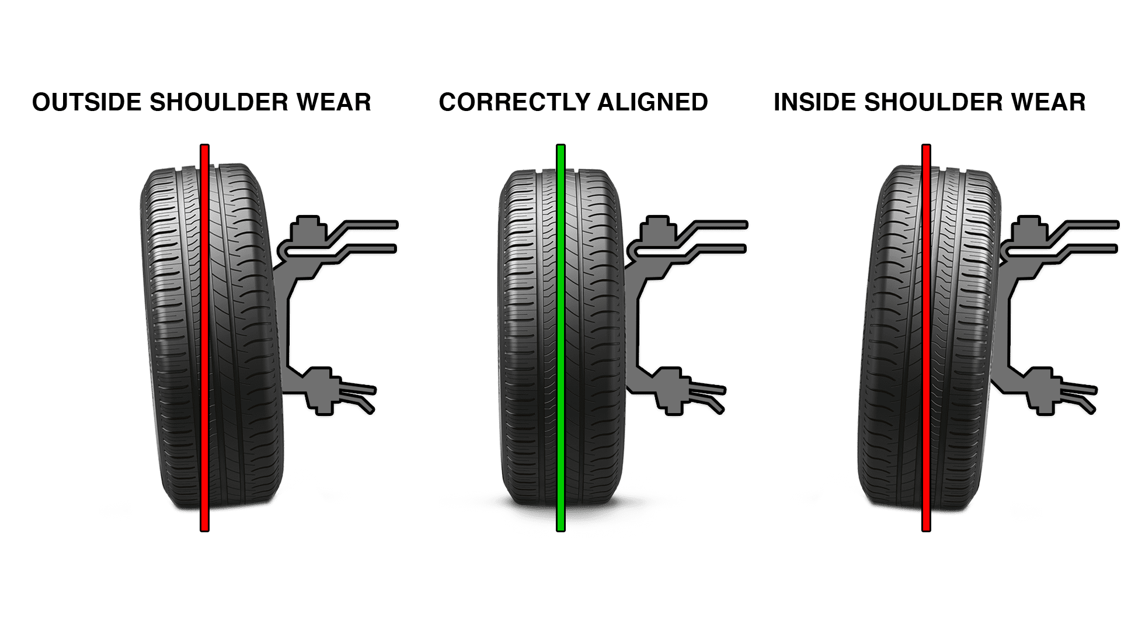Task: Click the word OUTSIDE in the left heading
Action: click(88, 103)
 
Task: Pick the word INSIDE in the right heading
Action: click(814, 103)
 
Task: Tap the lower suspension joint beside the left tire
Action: click(320, 389)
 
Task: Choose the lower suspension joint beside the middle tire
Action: click(670, 389)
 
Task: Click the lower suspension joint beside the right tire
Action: click(1043, 389)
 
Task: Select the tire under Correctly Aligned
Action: click(531, 339)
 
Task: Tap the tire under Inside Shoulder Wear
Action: click(893, 339)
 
